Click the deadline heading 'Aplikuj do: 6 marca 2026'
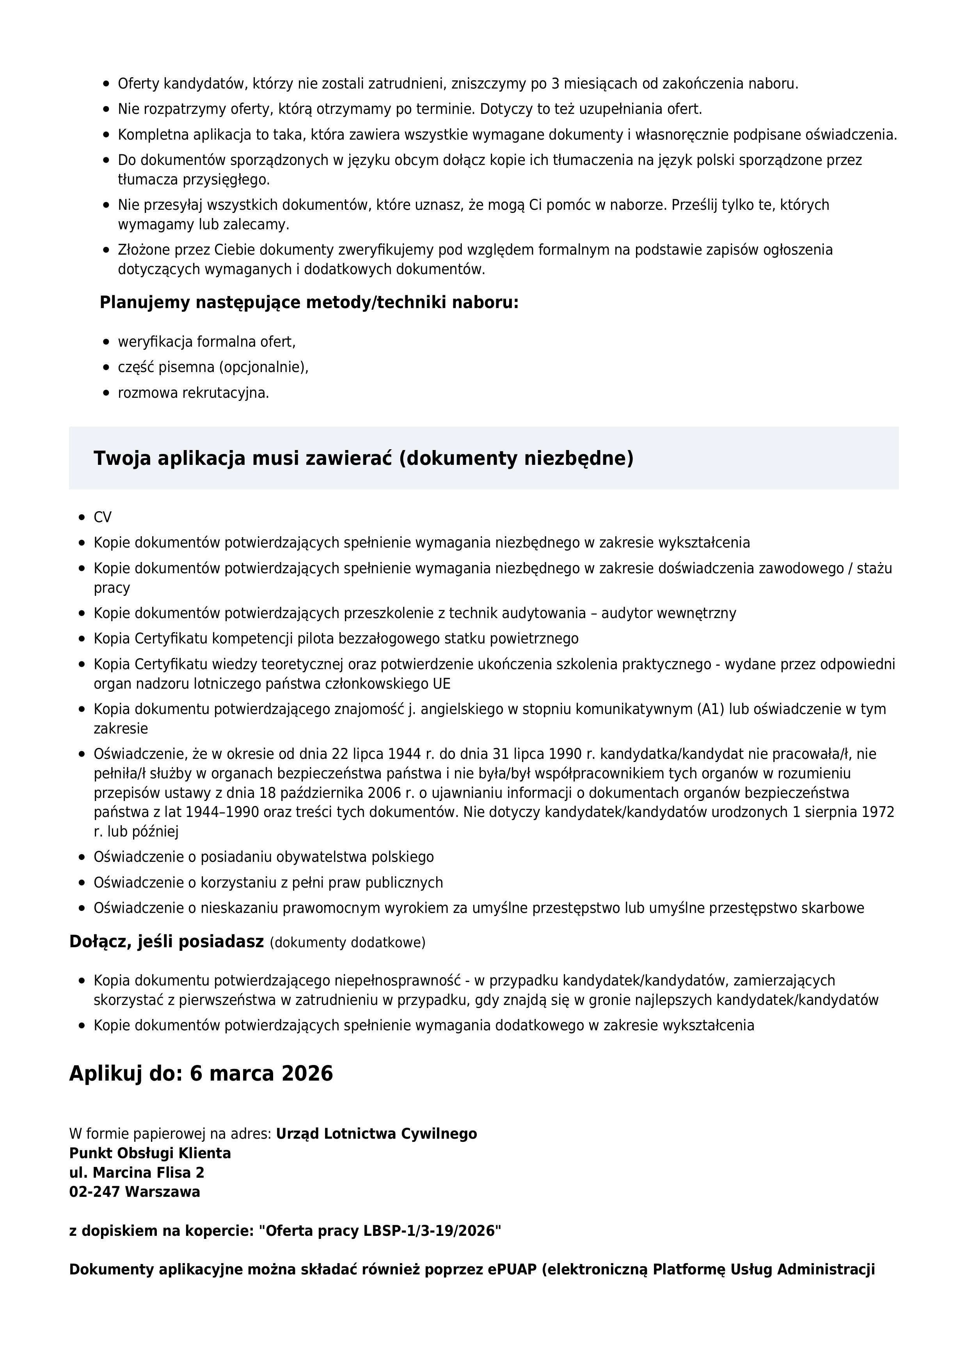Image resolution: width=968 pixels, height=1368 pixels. pos(201,1074)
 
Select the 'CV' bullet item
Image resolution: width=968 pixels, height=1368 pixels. pos(103,517)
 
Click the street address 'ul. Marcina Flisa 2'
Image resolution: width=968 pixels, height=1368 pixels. pos(137,1172)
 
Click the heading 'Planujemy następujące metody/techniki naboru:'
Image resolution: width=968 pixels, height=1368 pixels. pos(309,303)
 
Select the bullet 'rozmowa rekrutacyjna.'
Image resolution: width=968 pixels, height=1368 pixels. pos(193,393)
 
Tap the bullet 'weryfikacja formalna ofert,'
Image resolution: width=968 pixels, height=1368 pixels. pos(206,342)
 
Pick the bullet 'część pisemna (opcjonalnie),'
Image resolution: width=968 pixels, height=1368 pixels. pos(213,368)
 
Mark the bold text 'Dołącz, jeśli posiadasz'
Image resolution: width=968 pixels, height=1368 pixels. pos(166,941)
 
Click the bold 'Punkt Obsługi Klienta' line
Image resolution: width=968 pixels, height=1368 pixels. pos(149,1153)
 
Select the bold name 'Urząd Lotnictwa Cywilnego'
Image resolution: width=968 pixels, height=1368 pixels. pos(376,1133)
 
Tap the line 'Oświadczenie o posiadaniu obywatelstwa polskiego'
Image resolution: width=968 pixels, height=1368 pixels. pos(263,857)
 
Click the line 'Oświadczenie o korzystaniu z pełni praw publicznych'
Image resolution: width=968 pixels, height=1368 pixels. pos(268,882)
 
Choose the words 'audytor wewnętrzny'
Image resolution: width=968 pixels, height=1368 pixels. pos(668,613)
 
